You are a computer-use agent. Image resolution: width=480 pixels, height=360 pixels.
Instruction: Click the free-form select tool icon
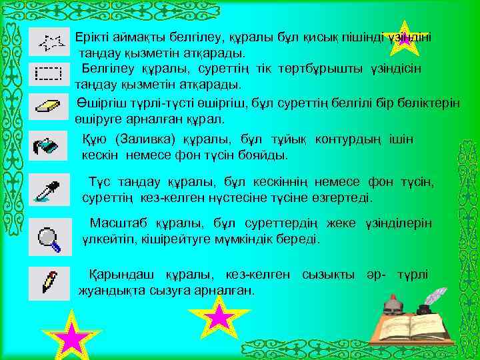51,43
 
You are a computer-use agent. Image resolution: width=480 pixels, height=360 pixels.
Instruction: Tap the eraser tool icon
49,107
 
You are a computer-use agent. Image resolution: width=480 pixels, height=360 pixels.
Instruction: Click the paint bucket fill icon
49,146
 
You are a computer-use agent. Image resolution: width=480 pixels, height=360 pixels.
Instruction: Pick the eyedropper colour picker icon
49,191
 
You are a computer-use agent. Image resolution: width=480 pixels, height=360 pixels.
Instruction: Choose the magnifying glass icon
49,237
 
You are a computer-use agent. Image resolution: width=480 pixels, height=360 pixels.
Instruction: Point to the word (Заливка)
144,140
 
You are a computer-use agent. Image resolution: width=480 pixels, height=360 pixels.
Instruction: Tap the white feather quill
437,297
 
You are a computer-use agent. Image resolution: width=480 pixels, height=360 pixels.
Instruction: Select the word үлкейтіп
106,239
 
